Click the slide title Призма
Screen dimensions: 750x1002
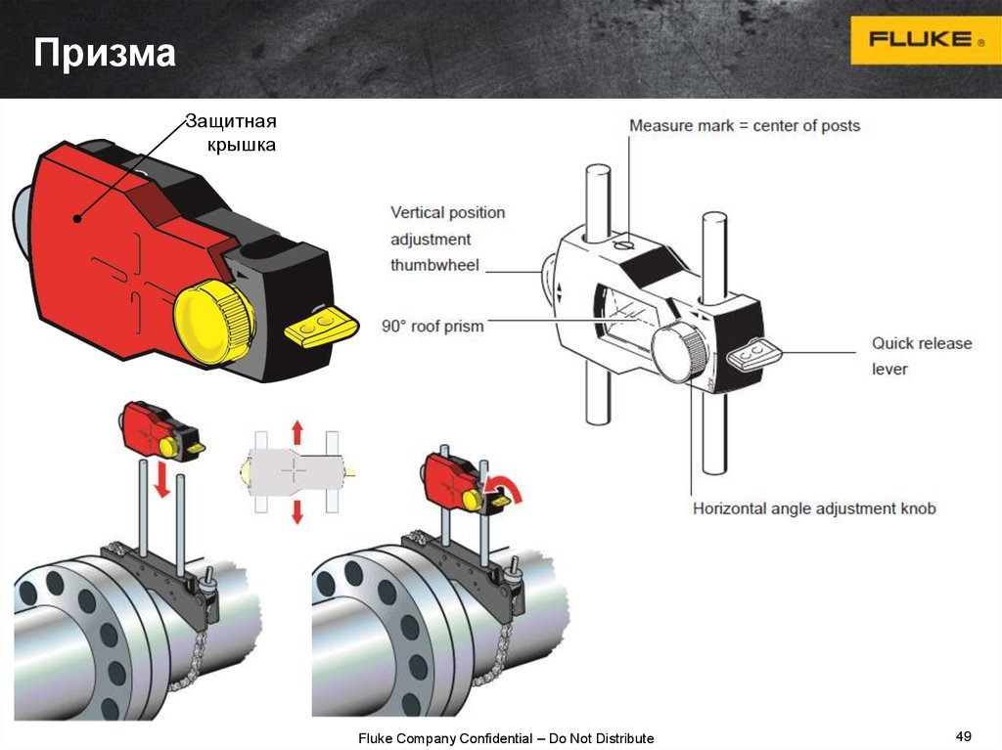105,54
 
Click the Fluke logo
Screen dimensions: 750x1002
925,40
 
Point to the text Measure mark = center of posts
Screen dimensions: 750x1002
744,125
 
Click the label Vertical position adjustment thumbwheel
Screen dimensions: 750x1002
447,239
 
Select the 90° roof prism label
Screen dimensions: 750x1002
433,326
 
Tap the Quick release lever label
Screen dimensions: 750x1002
921,356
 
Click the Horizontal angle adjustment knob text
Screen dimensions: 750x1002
814,508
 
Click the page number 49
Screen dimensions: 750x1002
963,735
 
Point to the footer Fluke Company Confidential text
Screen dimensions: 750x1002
505,738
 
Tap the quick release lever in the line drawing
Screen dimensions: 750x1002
753,353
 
